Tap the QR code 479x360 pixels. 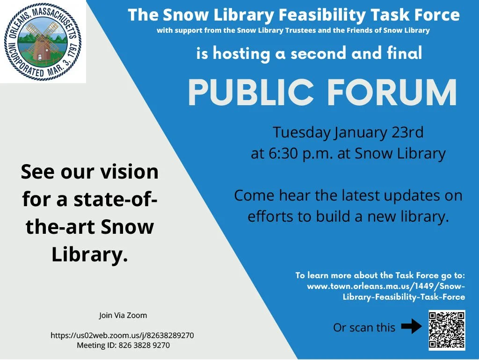click(447, 330)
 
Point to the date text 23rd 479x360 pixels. click(406, 132)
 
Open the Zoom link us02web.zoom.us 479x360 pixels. click(122, 335)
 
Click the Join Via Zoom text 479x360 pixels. click(123, 315)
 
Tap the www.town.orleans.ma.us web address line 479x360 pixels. click(386, 286)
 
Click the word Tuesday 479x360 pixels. click(301, 132)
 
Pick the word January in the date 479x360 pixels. click(360, 132)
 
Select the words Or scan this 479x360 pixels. click(364, 328)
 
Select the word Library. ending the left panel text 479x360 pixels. click(89, 255)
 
